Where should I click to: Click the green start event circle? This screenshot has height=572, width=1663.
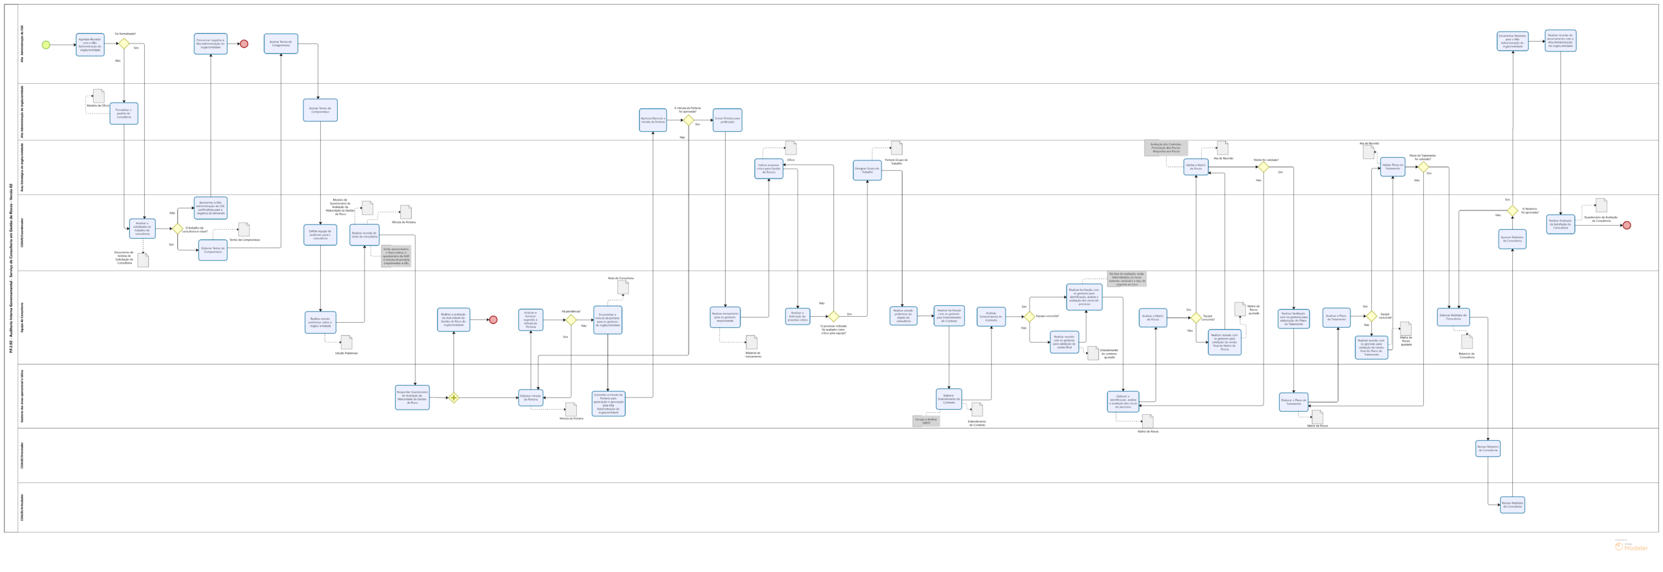point(45,45)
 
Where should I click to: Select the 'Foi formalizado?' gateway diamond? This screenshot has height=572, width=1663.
point(123,44)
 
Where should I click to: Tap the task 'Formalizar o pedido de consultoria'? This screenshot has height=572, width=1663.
point(123,114)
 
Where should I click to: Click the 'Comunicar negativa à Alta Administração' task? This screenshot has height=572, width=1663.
point(210,44)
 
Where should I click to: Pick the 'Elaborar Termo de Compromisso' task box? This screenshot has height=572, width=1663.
point(212,250)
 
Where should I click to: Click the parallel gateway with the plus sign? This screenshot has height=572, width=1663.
point(454,398)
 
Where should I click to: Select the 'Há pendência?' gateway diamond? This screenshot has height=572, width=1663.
point(571,320)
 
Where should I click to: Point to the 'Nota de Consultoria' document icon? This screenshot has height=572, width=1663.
point(622,287)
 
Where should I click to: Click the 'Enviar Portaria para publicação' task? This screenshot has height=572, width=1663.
point(727,120)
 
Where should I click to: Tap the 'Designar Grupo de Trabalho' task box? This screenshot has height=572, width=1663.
point(867,170)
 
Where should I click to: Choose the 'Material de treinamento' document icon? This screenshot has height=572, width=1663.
point(752,342)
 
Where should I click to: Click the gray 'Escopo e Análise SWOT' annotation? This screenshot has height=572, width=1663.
point(926,421)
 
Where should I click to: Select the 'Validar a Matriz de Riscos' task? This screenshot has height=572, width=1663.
point(1196,167)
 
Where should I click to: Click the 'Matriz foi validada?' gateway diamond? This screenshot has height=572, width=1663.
point(1263,167)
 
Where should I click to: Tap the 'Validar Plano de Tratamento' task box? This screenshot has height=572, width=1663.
point(1393,167)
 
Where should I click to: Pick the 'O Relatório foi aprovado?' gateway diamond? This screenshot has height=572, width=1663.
point(1512,210)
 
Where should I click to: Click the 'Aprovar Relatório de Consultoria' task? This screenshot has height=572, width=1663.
point(1512,239)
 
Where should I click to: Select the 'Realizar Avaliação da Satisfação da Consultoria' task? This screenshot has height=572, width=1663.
point(1560,224)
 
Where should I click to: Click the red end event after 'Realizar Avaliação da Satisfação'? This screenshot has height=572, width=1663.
point(1627,225)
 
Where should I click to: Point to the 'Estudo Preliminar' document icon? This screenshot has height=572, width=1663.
point(346,342)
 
